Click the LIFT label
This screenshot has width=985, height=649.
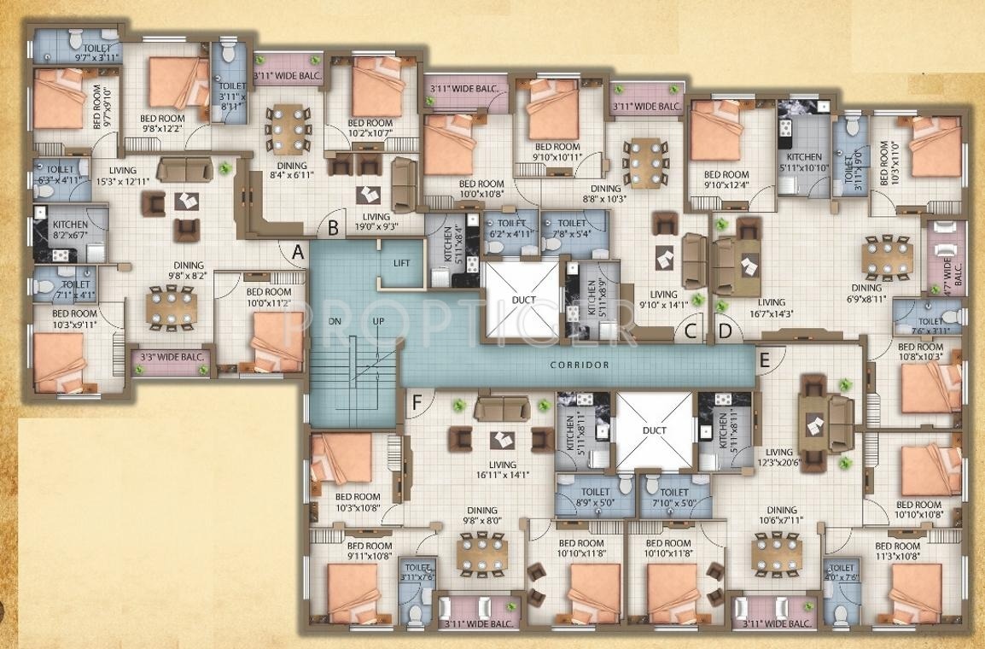coord(401,263)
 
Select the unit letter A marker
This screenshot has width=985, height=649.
coord(297,252)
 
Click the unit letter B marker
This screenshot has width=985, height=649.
coord(333,227)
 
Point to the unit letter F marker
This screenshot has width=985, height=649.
coord(417,403)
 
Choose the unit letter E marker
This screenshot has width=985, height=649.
coord(764,360)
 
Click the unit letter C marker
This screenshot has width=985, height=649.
coord(691,330)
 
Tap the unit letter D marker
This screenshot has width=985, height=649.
coord(725,330)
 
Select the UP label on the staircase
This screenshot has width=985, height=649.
coord(378,321)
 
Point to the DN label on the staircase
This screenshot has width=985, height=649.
coord(334,321)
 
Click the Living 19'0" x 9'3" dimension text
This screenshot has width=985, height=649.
coord(376,222)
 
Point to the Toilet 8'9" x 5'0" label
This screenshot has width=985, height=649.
coord(594,497)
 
